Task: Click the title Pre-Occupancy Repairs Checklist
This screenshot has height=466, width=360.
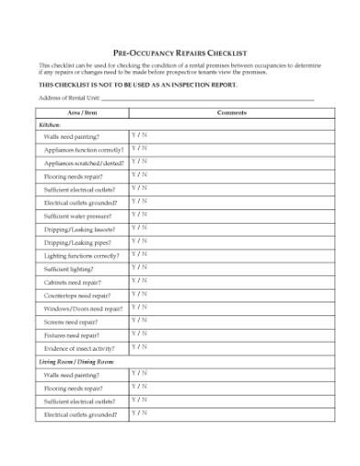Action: tap(179, 54)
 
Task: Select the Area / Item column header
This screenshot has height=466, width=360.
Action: tap(82, 112)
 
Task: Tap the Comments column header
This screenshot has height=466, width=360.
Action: tap(232, 112)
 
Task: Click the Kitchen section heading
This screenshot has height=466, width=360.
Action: tap(49, 124)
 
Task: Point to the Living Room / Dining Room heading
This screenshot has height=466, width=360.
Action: tap(76, 363)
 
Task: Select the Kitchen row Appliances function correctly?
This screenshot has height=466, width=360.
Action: tap(83, 150)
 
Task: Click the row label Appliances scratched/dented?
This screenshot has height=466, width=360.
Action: tap(83, 163)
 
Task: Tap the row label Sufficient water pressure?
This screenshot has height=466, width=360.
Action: tap(78, 217)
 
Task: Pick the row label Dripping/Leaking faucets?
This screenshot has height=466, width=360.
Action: tap(79, 229)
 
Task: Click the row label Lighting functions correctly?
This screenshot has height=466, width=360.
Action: tap(81, 256)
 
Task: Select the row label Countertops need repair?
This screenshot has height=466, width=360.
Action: tap(77, 296)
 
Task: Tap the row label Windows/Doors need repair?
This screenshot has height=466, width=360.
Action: tap(82, 309)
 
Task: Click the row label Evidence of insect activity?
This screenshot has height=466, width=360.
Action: tap(80, 349)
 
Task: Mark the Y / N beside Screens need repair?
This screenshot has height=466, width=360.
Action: tap(139, 321)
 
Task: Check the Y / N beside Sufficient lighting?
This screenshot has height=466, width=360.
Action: tap(139, 268)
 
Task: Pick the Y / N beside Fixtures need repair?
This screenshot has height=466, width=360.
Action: tap(139, 334)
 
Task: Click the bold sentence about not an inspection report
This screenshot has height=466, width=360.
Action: tap(137, 84)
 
